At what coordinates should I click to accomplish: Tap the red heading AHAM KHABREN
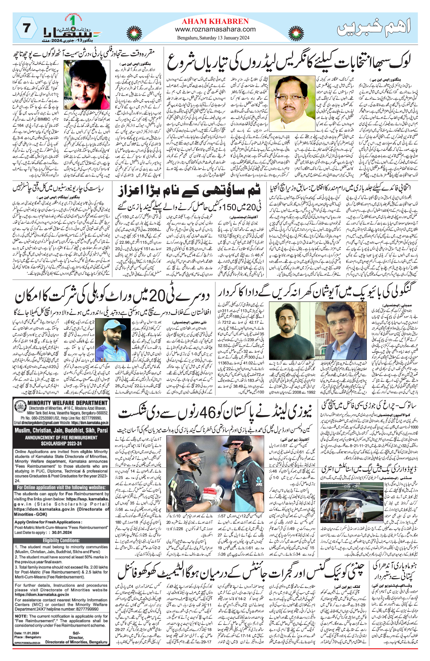click(215, 21)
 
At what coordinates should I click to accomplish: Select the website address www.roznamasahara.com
click(215, 29)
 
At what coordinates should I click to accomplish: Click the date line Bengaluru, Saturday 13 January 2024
click(213, 38)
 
